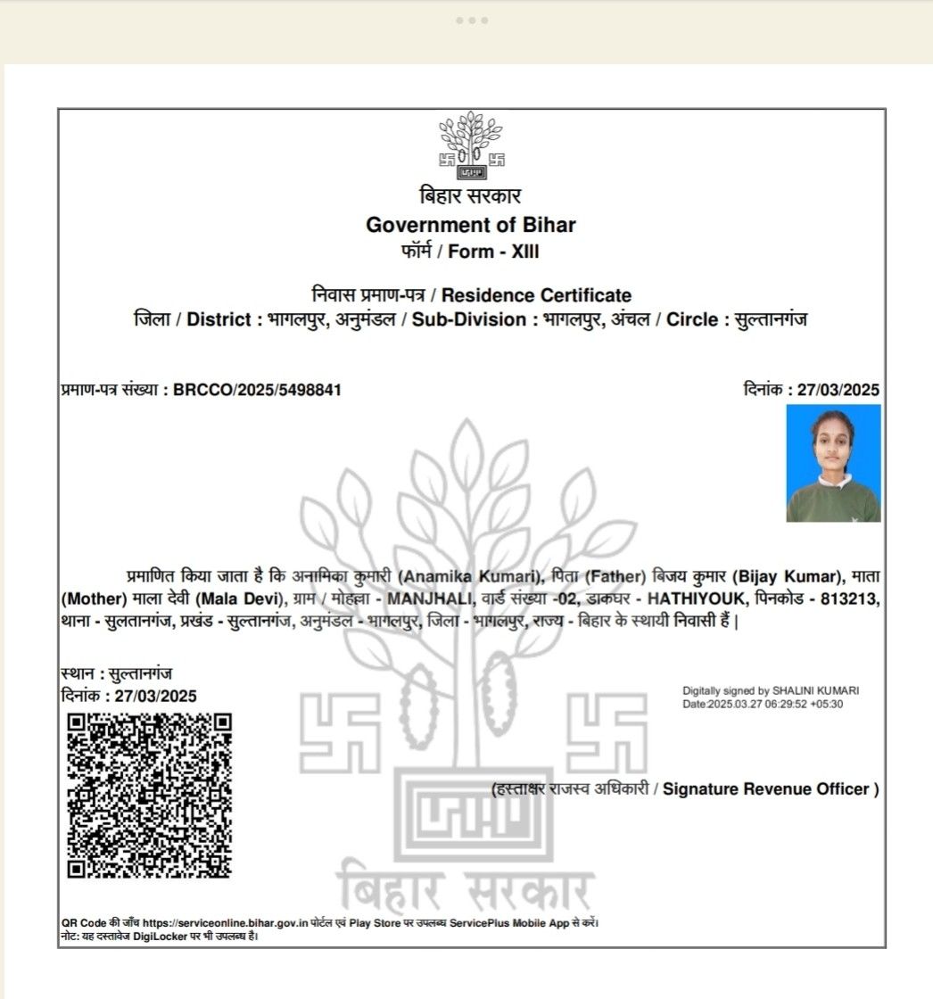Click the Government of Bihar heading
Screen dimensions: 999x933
coord(471,225)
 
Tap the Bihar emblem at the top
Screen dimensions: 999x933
coord(471,143)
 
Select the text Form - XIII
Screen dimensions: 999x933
coord(493,252)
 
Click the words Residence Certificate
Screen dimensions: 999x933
coord(536,295)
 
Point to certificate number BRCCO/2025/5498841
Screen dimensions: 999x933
coord(257,390)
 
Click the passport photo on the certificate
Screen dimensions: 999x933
coord(833,463)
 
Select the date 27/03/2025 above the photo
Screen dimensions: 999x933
coord(838,390)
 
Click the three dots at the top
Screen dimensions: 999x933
coord(471,21)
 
